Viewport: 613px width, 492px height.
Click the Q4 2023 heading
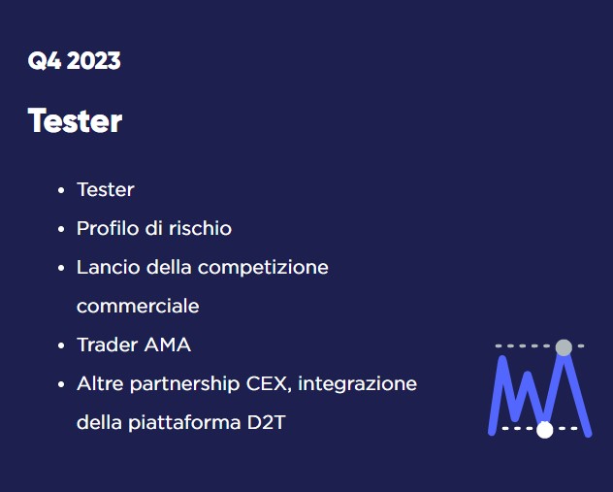(x=75, y=61)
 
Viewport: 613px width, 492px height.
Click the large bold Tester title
(x=75, y=120)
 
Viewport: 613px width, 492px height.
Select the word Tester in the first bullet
(x=106, y=189)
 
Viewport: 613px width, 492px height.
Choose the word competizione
(x=263, y=268)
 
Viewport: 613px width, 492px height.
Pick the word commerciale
(x=138, y=306)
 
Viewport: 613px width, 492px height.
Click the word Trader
(x=108, y=344)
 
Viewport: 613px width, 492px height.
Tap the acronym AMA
(x=168, y=344)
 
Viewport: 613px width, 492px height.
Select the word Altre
(x=100, y=383)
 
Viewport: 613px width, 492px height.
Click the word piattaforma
(x=184, y=423)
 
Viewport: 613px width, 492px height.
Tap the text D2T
(x=267, y=423)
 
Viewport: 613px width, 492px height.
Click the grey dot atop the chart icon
(x=564, y=347)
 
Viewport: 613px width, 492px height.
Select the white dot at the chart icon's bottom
(x=544, y=430)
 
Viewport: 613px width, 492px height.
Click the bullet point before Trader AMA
(x=61, y=345)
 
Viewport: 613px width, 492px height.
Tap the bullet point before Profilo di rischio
(x=61, y=229)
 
